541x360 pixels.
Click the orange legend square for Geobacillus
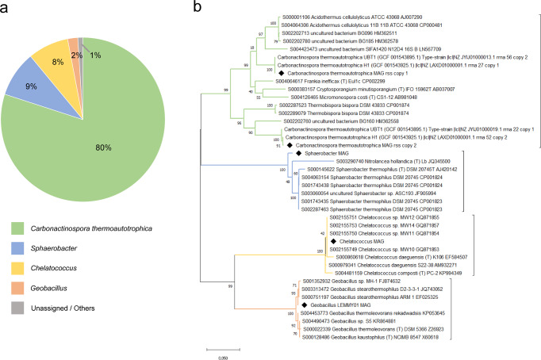[15, 308]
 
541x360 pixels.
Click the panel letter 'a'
[6, 7]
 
